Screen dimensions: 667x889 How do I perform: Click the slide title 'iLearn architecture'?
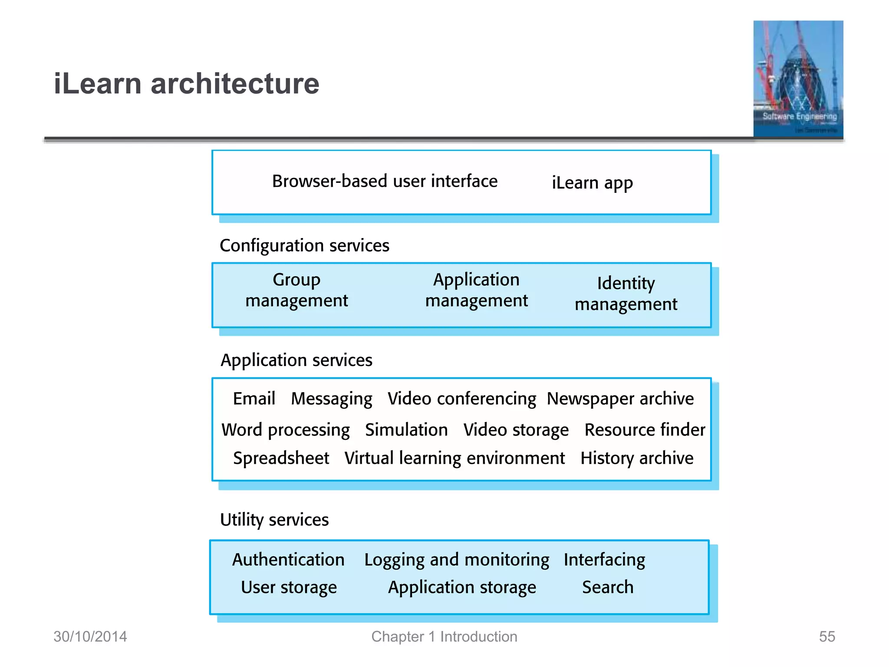(186, 83)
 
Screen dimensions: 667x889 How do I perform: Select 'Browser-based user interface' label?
(385, 182)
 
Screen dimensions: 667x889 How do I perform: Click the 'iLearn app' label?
(592, 183)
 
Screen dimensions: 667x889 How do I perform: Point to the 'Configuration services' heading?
(304, 246)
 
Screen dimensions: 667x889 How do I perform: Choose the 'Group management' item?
(296, 290)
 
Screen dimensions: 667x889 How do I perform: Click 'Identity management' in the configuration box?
(626, 294)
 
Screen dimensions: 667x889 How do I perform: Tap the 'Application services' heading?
(296, 360)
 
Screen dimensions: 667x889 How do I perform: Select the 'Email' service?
(254, 399)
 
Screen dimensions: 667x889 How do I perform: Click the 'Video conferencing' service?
(461, 399)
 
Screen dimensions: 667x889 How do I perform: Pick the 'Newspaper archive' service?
(620, 399)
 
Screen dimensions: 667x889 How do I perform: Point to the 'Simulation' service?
(406, 430)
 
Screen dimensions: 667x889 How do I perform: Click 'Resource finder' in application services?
(645, 430)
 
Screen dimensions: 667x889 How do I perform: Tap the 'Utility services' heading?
(274, 520)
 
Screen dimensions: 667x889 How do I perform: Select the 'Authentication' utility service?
(288, 560)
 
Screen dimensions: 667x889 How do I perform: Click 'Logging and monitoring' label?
(457, 560)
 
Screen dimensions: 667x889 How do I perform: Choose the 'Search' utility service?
(608, 588)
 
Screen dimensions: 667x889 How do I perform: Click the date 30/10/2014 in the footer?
(90, 637)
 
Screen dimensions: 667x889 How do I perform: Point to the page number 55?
(827, 637)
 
